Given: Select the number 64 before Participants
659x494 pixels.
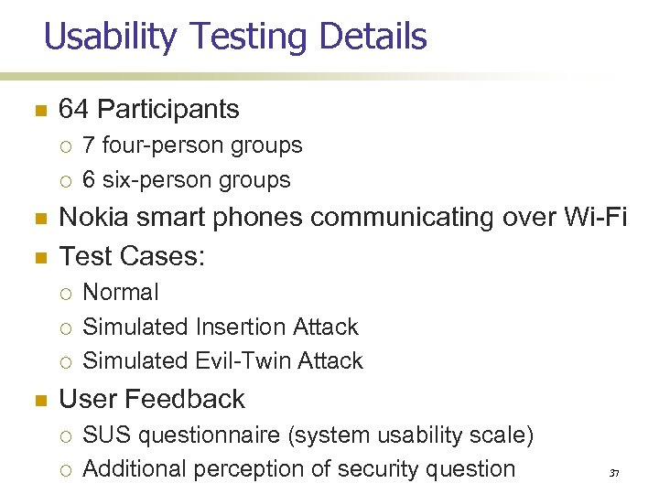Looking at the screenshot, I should pos(73,110).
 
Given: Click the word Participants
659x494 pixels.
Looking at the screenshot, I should pos(167,110).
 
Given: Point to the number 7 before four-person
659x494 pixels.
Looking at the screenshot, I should pos(89,145).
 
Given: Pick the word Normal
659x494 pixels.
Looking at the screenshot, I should pos(121,293).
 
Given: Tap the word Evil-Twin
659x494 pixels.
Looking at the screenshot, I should pos(233,360).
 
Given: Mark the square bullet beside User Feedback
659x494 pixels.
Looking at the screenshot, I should pos(38,400).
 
